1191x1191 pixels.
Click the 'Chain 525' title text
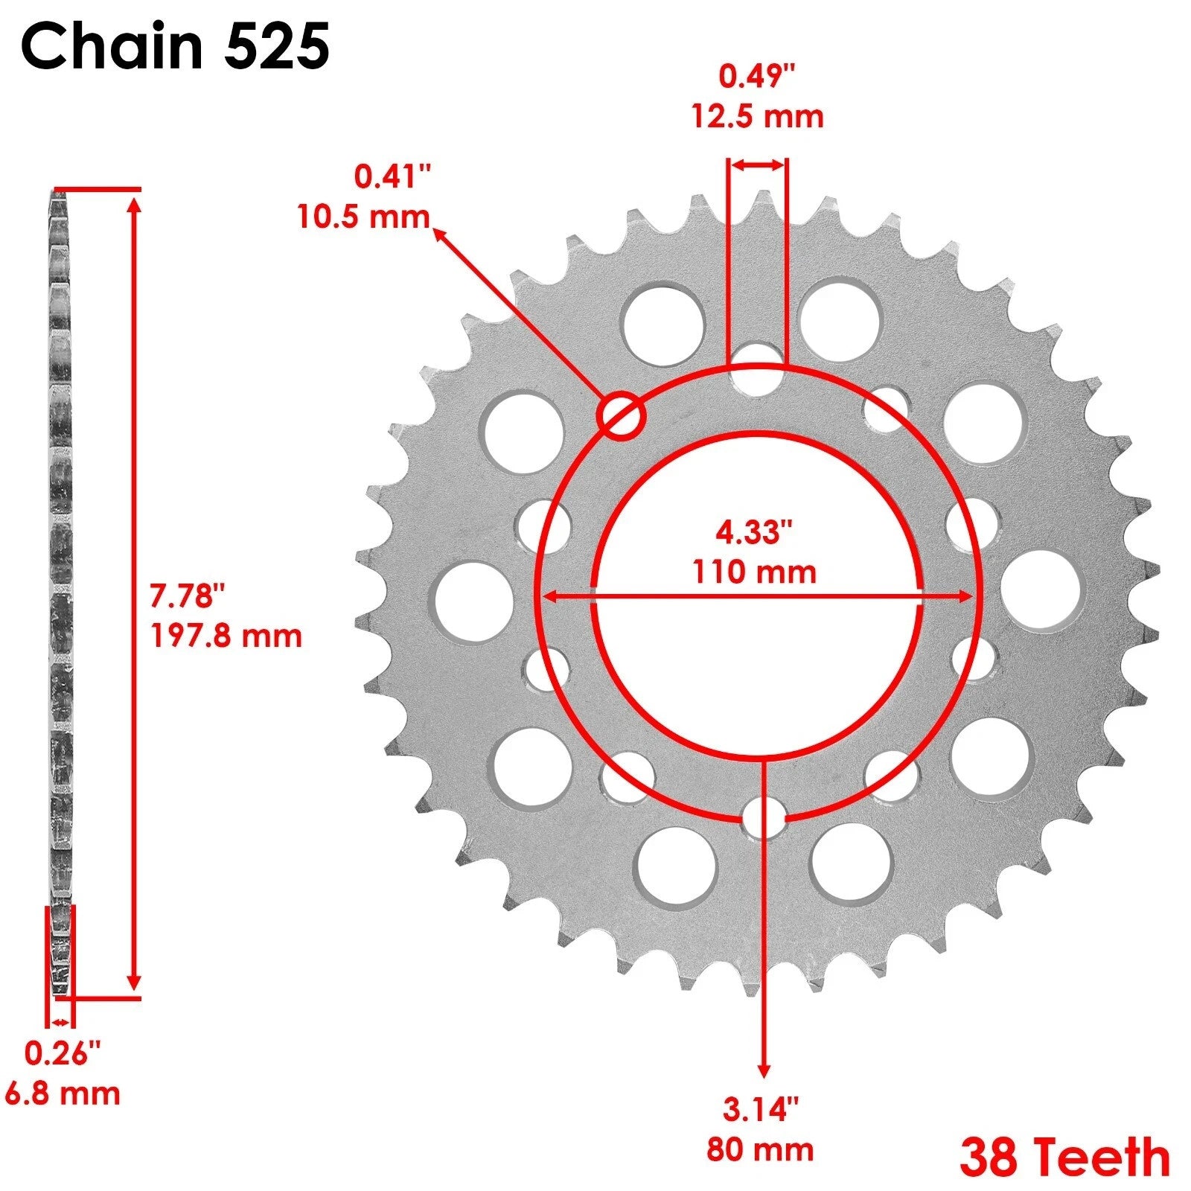[176, 46]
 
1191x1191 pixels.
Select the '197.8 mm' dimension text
[226, 636]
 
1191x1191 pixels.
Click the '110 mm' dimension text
[754, 572]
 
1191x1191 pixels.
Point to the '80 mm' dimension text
[760, 1150]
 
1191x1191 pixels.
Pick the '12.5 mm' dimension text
[758, 117]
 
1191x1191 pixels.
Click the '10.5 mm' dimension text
[363, 217]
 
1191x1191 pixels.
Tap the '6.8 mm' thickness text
[63, 1093]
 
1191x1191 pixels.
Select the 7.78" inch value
[187, 596]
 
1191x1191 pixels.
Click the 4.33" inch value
[754, 532]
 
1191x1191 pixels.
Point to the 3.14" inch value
[760, 1110]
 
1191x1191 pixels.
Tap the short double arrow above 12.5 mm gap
[757, 165]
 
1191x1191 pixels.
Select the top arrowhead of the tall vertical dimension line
[134, 201]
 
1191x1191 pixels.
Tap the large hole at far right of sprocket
[1040, 592]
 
